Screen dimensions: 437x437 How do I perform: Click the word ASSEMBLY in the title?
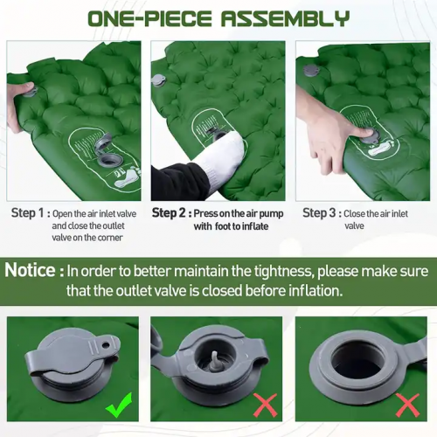click(285, 18)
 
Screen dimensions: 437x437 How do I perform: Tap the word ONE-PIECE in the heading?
click(149, 18)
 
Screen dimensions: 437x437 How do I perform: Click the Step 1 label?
click(27, 213)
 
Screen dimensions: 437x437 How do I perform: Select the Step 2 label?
click(169, 213)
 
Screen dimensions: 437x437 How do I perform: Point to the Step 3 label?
click(319, 213)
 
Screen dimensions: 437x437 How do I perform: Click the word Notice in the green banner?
click(30, 270)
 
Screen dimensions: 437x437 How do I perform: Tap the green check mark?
click(119, 405)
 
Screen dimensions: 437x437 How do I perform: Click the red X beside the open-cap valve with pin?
click(265, 405)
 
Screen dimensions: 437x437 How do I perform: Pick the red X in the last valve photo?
click(407, 405)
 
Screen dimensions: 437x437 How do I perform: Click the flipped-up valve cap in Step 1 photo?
click(104, 141)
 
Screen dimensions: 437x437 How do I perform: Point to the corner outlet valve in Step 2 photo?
click(159, 80)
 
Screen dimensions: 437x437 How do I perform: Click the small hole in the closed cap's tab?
click(106, 345)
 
